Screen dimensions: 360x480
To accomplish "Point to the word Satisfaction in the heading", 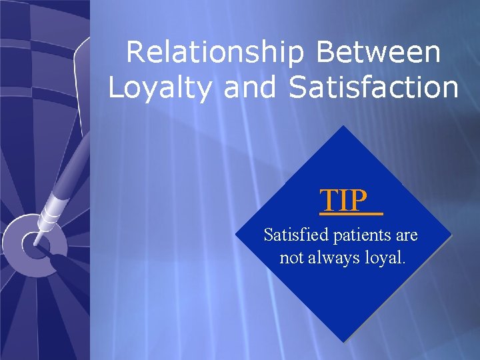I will (x=374, y=88).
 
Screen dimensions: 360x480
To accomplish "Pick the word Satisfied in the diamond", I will (x=291, y=235).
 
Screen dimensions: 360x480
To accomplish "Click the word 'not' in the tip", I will (x=291, y=258).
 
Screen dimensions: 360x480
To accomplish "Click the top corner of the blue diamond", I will (x=344, y=127).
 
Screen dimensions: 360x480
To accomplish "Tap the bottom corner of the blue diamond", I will (x=344, y=342).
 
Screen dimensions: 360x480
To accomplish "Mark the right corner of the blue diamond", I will (x=451, y=234).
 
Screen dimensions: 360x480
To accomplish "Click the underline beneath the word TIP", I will (x=351, y=215).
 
